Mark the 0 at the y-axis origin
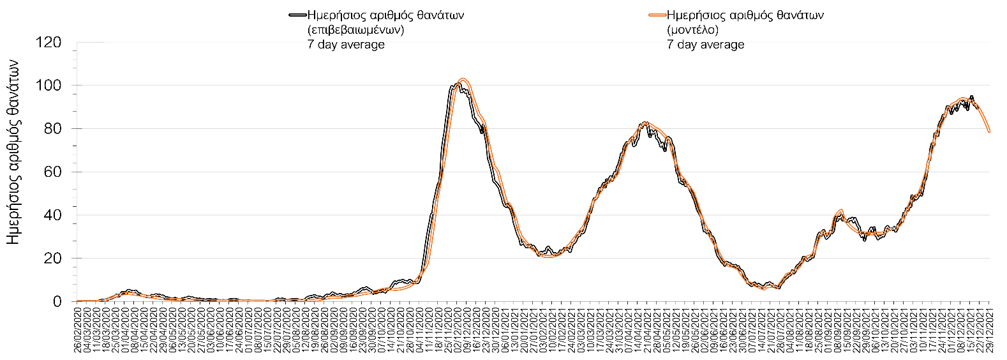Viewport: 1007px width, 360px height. click(57, 302)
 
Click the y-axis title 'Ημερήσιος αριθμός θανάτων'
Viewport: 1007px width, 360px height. click(17, 152)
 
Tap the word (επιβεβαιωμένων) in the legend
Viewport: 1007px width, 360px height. click(355, 30)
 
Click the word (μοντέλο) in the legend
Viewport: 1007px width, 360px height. click(693, 30)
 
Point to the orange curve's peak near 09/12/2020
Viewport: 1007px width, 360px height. click(463, 79)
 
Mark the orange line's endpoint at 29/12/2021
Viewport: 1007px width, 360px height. click(989, 131)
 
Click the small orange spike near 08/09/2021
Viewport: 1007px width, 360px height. click(842, 210)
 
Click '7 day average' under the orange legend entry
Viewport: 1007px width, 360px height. click(706, 45)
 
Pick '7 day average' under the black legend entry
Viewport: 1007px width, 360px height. click(346, 45)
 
